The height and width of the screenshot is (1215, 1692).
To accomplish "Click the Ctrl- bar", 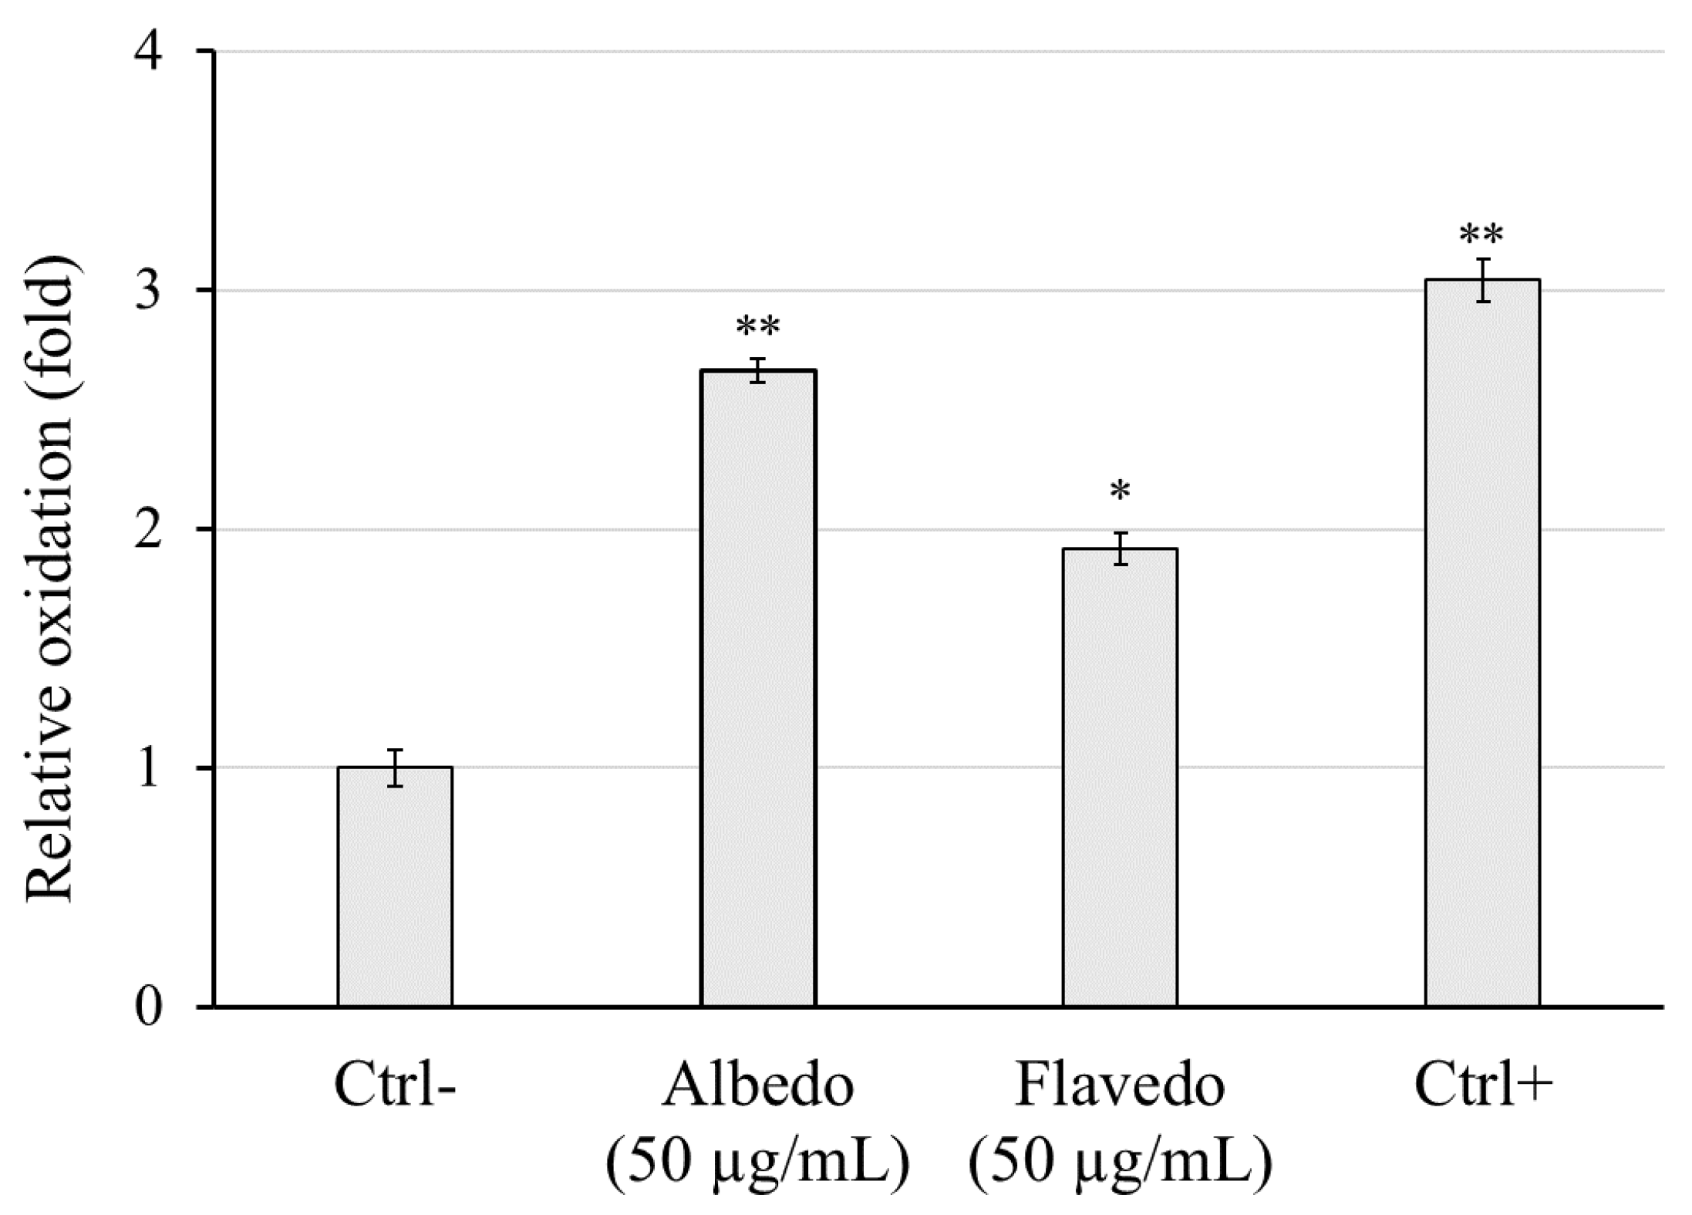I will tap(395, 887).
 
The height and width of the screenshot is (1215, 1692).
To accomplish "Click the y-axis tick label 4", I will tap(149, 53).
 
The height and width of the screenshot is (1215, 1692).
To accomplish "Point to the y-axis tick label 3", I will tap(149, 292).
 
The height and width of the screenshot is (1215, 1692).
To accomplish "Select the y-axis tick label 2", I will tap(149, 531).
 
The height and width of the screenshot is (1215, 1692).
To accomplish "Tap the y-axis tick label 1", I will tap(149, 769).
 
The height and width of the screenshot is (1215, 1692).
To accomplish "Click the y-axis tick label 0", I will tap(149, 1007).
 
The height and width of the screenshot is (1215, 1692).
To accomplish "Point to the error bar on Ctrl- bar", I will tap(395, 768).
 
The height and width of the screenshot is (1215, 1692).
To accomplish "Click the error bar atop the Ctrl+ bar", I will tap(1482, 280).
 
